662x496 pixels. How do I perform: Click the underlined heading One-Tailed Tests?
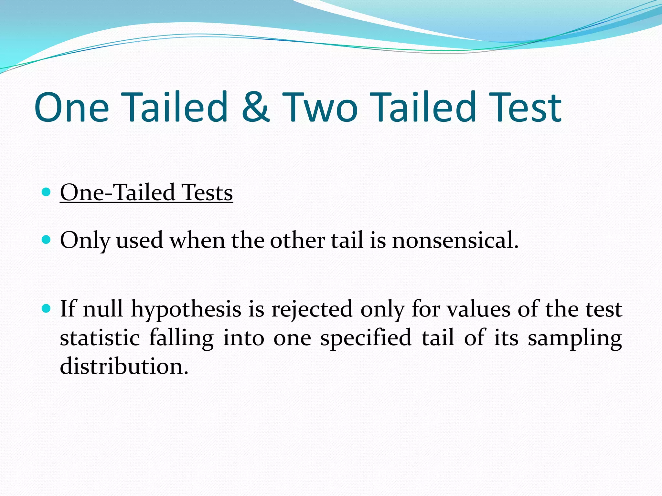pyautogui.click(x=146, y=192)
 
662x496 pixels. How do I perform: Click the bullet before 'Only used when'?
pyautogui.click(x=47, y=240)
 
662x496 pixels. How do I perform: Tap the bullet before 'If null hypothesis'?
pyautogui.click(x=47, y=308)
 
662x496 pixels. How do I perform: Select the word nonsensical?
pyautogui.click(x=455, y=240)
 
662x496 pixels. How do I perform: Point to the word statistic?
pyautogui.click(x=100, y=338)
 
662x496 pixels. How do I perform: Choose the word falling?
pyautogui.click(x=181, y=338)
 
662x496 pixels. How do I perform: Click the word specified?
pyautogui.click(x=366, y=338)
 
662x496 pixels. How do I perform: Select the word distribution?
pyautogui.click(x=124, y=367)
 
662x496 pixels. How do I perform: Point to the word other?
pyautogui.click(x=297, y=240)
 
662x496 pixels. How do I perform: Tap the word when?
pyautogui.click(x=197, y=240)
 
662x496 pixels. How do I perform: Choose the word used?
pyautogui.click(x=140, y=241)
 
